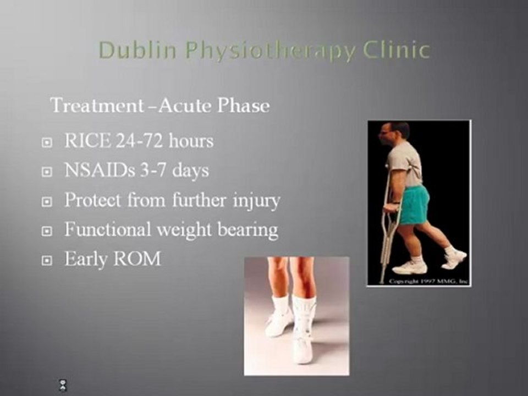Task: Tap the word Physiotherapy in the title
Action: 270,51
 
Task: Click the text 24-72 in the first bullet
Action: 132,141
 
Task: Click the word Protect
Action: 92,200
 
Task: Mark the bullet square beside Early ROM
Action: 47,260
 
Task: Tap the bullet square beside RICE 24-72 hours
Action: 47,142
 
